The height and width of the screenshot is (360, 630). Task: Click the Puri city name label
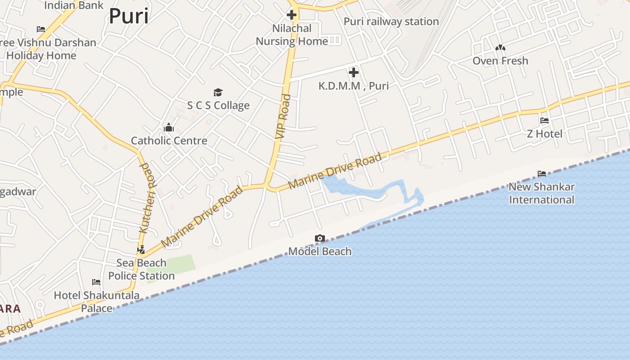click(x=129, y=17)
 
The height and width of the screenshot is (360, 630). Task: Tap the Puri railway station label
click(x=391, y=22)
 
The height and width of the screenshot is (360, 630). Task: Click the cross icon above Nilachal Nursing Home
click(x=292, y=15)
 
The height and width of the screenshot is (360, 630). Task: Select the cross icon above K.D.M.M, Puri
click(x=354, y=72)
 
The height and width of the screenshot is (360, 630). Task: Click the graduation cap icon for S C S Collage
click(x=218, y=92)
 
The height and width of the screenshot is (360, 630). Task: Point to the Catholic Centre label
click(x=169, y=141)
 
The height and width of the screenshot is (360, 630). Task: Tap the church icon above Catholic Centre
click(x=169, y=128)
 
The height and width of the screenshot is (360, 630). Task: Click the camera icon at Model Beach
click(x=320, y=238)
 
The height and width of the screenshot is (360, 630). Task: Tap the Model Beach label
click(x=320, y=252)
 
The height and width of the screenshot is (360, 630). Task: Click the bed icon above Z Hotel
click(x=544, y=121)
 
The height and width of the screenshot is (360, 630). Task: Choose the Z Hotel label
click(x=544, y=134)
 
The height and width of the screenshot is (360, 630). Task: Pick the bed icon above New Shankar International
click(x=542, y=174)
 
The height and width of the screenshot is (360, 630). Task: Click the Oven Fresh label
click(x=500, y=61)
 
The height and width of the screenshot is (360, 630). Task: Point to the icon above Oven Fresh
click(x=500, y=48)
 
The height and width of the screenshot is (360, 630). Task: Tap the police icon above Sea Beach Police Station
click(x=141, y=249)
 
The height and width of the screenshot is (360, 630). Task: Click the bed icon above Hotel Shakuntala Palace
click(x=96, y=282)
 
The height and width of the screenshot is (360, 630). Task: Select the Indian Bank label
click(x=74, y=5)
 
